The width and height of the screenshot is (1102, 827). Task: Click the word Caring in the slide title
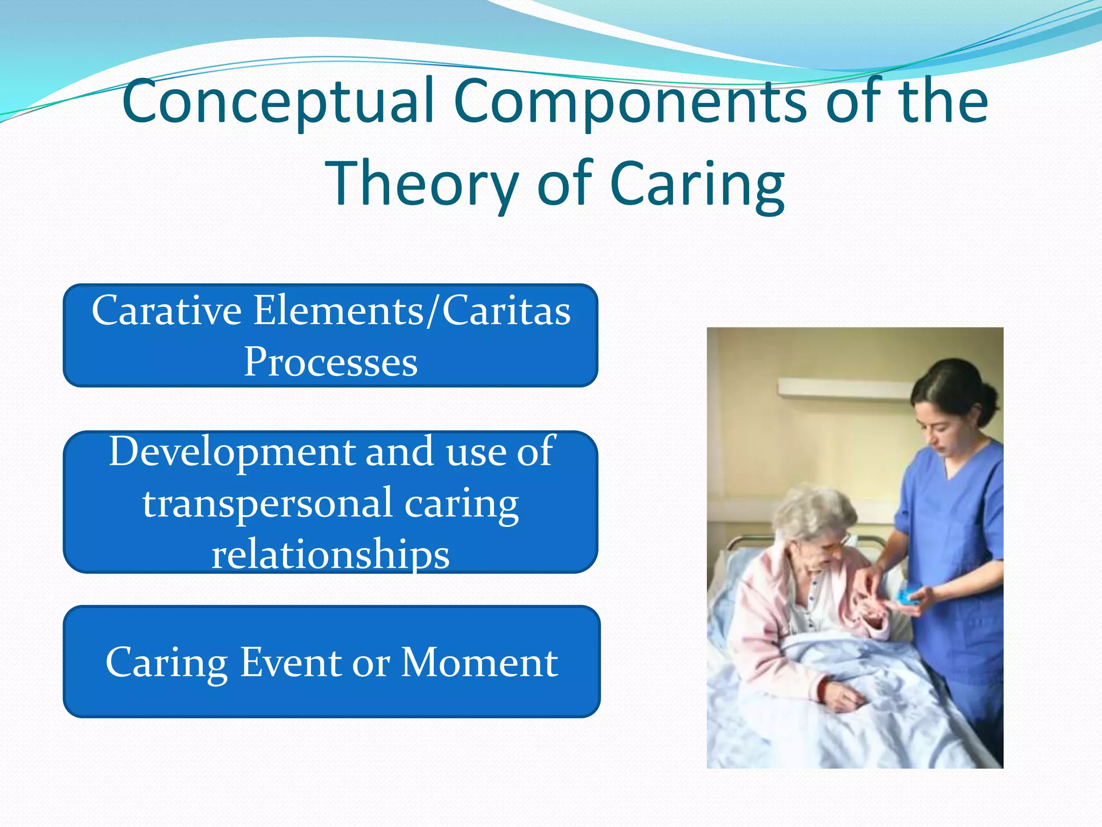click(697, 184)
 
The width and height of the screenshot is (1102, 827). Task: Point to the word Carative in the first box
click(166, 311)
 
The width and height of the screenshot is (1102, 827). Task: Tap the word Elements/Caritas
click(412, 311)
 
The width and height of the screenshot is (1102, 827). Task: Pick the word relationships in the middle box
click(330, 555)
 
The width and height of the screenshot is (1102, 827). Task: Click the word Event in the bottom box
click(291, 662)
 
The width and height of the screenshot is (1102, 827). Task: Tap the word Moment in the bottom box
click(479, 662)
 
